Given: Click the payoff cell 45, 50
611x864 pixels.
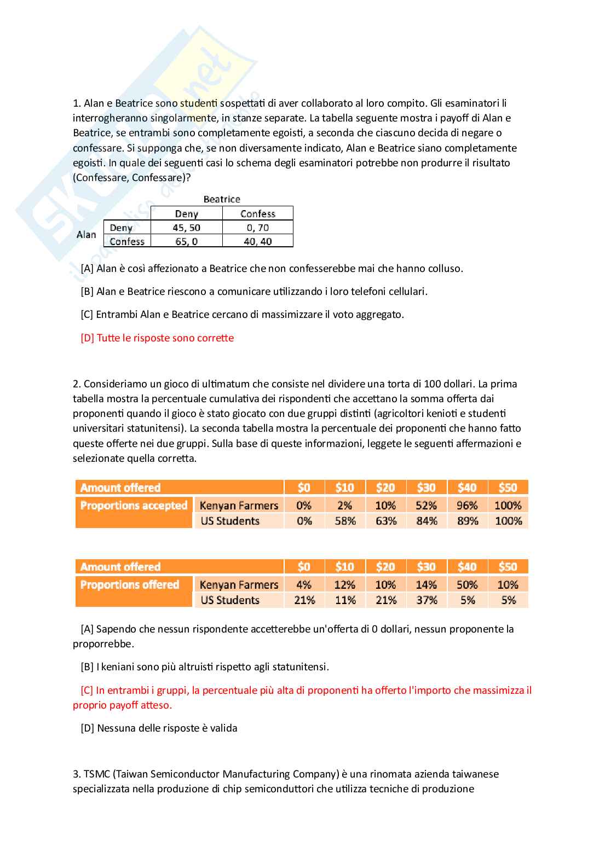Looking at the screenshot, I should (187, 228).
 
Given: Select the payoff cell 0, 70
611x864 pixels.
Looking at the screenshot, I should (258, 228).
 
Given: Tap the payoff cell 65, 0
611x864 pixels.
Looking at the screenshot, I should (187, 241).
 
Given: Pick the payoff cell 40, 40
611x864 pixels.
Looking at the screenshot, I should (258, 241).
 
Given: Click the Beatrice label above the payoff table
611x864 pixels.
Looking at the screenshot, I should (222, 199).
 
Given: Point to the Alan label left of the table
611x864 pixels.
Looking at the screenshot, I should (87, 235).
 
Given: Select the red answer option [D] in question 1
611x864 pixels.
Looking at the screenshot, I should (157, 338).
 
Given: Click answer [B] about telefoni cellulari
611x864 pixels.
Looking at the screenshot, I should (254, 292).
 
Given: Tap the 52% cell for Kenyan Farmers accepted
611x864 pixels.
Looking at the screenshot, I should (426, 506).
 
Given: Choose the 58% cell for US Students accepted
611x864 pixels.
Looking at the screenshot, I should (345, 521).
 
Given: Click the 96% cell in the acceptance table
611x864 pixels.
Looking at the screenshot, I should (467, 506).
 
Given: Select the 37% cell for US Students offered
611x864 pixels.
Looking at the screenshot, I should (426, 600).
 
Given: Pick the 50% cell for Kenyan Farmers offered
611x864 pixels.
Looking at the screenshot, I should (467, 585).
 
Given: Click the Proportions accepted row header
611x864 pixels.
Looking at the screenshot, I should (134, 506).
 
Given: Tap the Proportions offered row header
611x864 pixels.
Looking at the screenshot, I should (130, 585).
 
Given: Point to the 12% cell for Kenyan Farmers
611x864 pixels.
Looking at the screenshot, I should (345, 585).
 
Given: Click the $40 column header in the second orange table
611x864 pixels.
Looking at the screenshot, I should (467, 567).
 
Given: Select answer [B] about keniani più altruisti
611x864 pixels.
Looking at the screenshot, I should (205, 667).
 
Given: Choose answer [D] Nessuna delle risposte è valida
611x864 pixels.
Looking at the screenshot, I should (159, 728).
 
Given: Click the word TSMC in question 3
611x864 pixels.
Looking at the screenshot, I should (96, 774).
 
